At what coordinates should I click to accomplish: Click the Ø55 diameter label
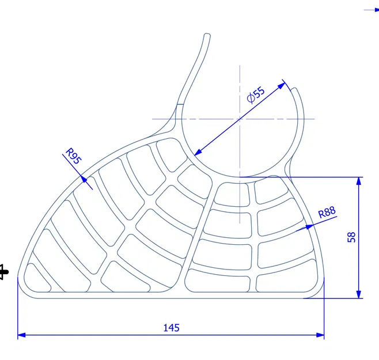pyautogui.click(x=256, y=94)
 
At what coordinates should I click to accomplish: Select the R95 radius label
pyautogui.click(x=71, y=156)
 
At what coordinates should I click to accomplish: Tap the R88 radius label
pyautogui.click(x=327, y=212)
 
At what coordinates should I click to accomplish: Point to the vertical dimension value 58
pyautogui.click(x=352, y=237)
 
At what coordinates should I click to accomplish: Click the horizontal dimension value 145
pyautogui.click(x=171, y=328)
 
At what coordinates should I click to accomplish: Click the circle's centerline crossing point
pyautogui.click(x=240, y=119)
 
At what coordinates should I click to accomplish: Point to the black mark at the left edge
pyautogui.click(x=3, y=271)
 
